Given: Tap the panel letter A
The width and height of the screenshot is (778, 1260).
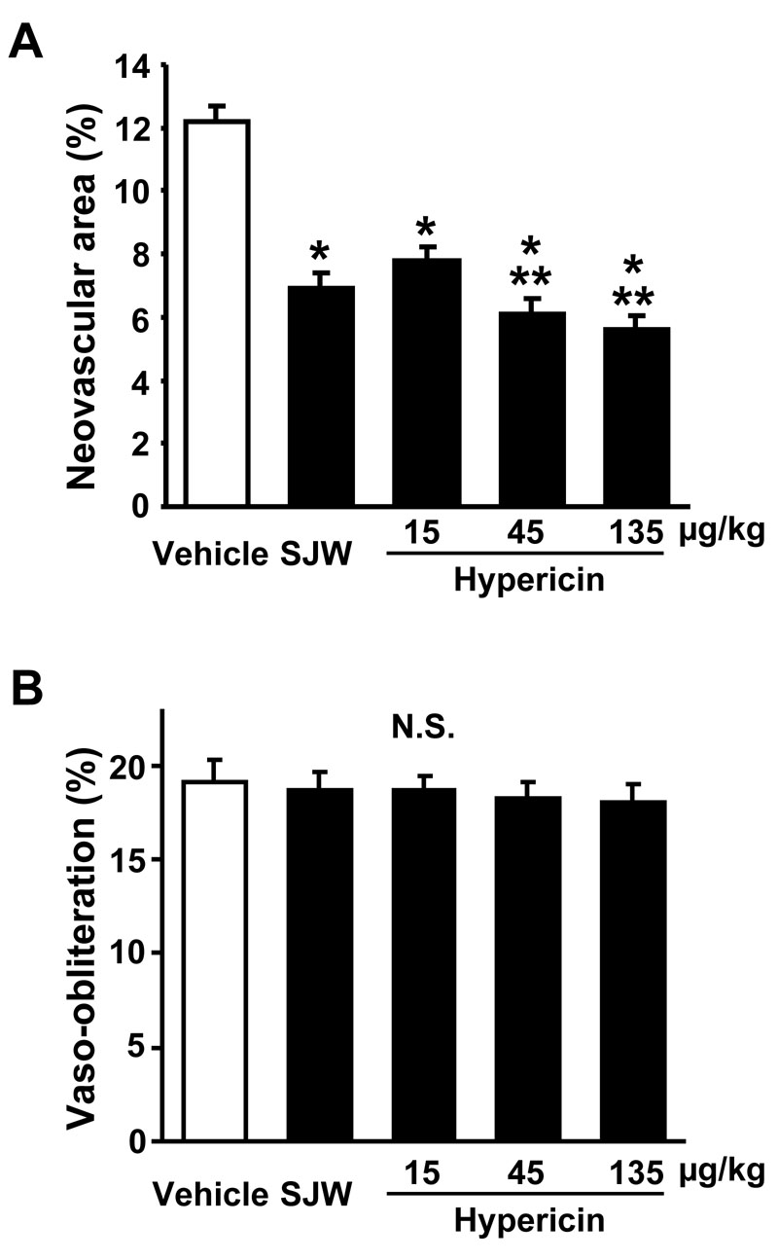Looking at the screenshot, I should coord(25,43).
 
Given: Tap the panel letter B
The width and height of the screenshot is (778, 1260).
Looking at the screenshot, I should coord(25,690).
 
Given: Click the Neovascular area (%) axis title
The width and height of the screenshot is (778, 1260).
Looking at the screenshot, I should coord(88,285).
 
